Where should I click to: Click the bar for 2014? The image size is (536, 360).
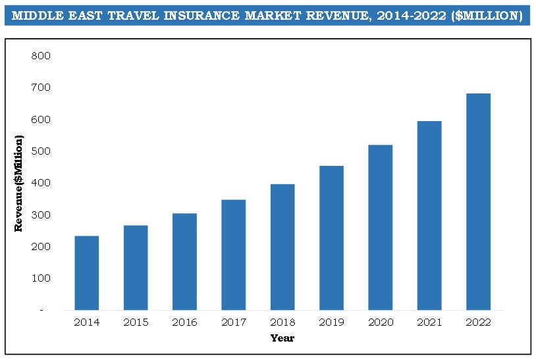coord(86,272)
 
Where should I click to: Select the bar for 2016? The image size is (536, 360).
coord(184,261)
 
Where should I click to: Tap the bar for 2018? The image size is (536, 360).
coord(282,247)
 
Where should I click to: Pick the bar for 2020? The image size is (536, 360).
coord(380,227)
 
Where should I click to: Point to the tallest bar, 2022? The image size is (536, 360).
coord(478,201)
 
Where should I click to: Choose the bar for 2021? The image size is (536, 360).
coord(429,215)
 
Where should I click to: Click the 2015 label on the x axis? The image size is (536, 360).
coord(136,322)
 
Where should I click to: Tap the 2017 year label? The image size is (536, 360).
coord(233,322)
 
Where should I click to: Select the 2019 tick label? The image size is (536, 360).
coord(331,322)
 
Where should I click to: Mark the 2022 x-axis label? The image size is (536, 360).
coord(478,322)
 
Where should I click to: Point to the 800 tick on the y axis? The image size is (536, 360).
coord(41,56)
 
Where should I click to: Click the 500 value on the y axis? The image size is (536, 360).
coord(41,151)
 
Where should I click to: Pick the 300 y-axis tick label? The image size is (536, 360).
coord(41,215)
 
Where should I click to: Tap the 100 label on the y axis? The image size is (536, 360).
coord(41,278)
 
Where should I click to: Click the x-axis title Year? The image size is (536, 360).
coord(282,338)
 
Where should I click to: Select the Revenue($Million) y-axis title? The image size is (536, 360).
coord(19,183)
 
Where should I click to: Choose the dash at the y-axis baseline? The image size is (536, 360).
coord(41,309)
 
